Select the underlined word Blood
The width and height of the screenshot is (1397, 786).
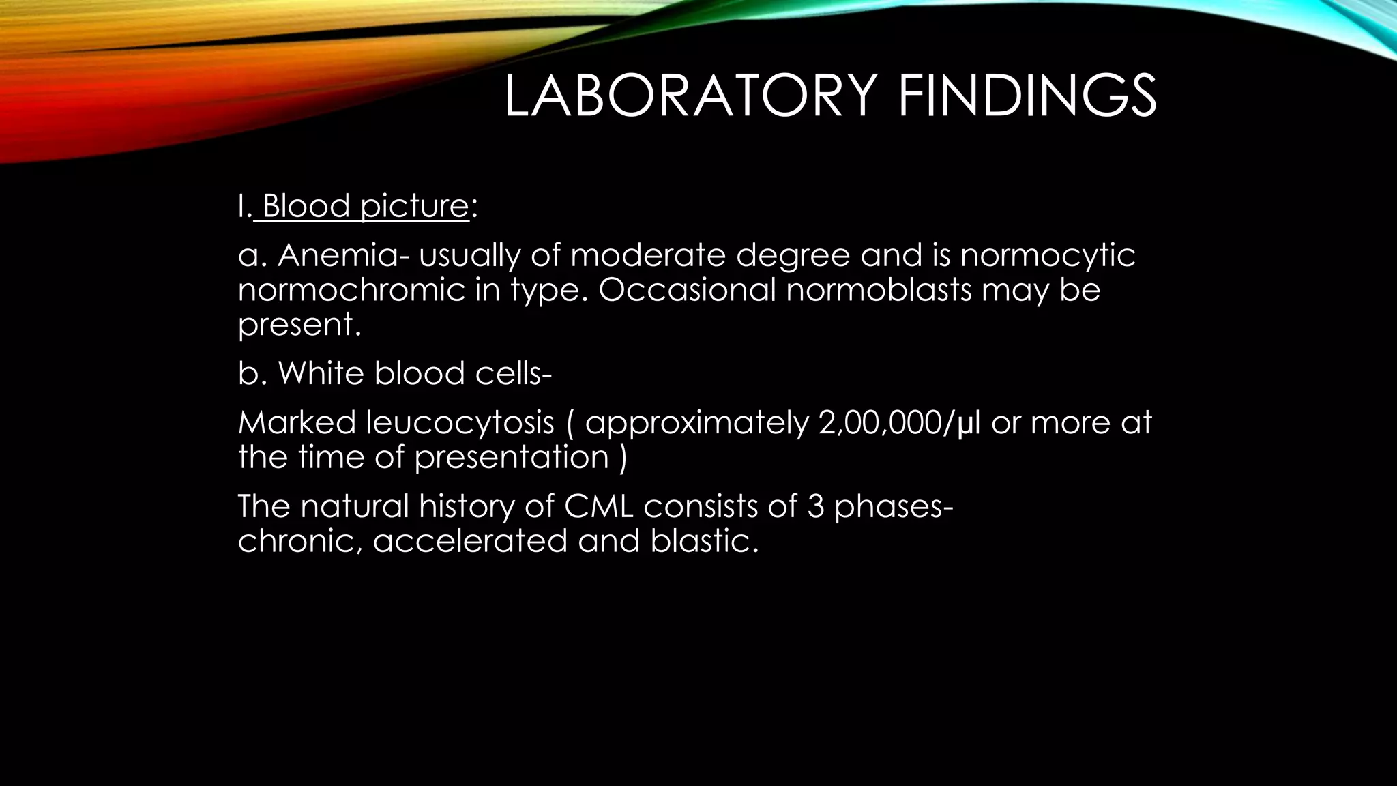[x=306, y=205]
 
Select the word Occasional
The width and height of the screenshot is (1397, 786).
[x=687, y=289]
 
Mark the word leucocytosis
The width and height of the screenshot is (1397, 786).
[x=460, y=423]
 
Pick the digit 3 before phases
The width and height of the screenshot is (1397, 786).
[x=815, y=507]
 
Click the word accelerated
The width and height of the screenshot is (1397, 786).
[x=469, y=541]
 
